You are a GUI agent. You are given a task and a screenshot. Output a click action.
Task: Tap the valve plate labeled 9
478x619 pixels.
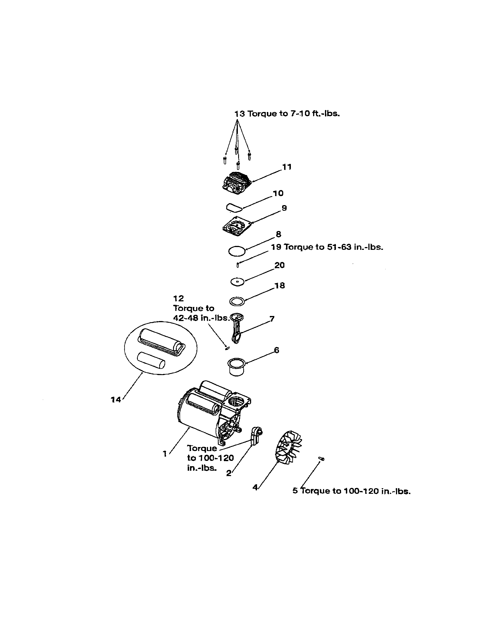(237, 227)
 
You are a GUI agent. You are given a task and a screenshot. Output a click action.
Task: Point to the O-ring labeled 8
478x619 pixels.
(236, 251)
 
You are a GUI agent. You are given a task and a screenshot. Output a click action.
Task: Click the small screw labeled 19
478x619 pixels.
(238, 265)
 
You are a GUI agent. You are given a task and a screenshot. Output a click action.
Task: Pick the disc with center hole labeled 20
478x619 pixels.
(237, 282)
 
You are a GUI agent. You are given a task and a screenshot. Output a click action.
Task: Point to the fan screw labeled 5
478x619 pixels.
(322, 459)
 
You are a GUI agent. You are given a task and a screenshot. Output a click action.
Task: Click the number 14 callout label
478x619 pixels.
(116, 400)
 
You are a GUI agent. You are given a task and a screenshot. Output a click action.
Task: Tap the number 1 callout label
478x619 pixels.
(165, 454)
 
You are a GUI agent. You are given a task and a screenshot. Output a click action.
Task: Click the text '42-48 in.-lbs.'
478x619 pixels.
(201, 318)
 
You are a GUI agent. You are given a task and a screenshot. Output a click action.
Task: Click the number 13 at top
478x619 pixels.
(239, 114)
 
